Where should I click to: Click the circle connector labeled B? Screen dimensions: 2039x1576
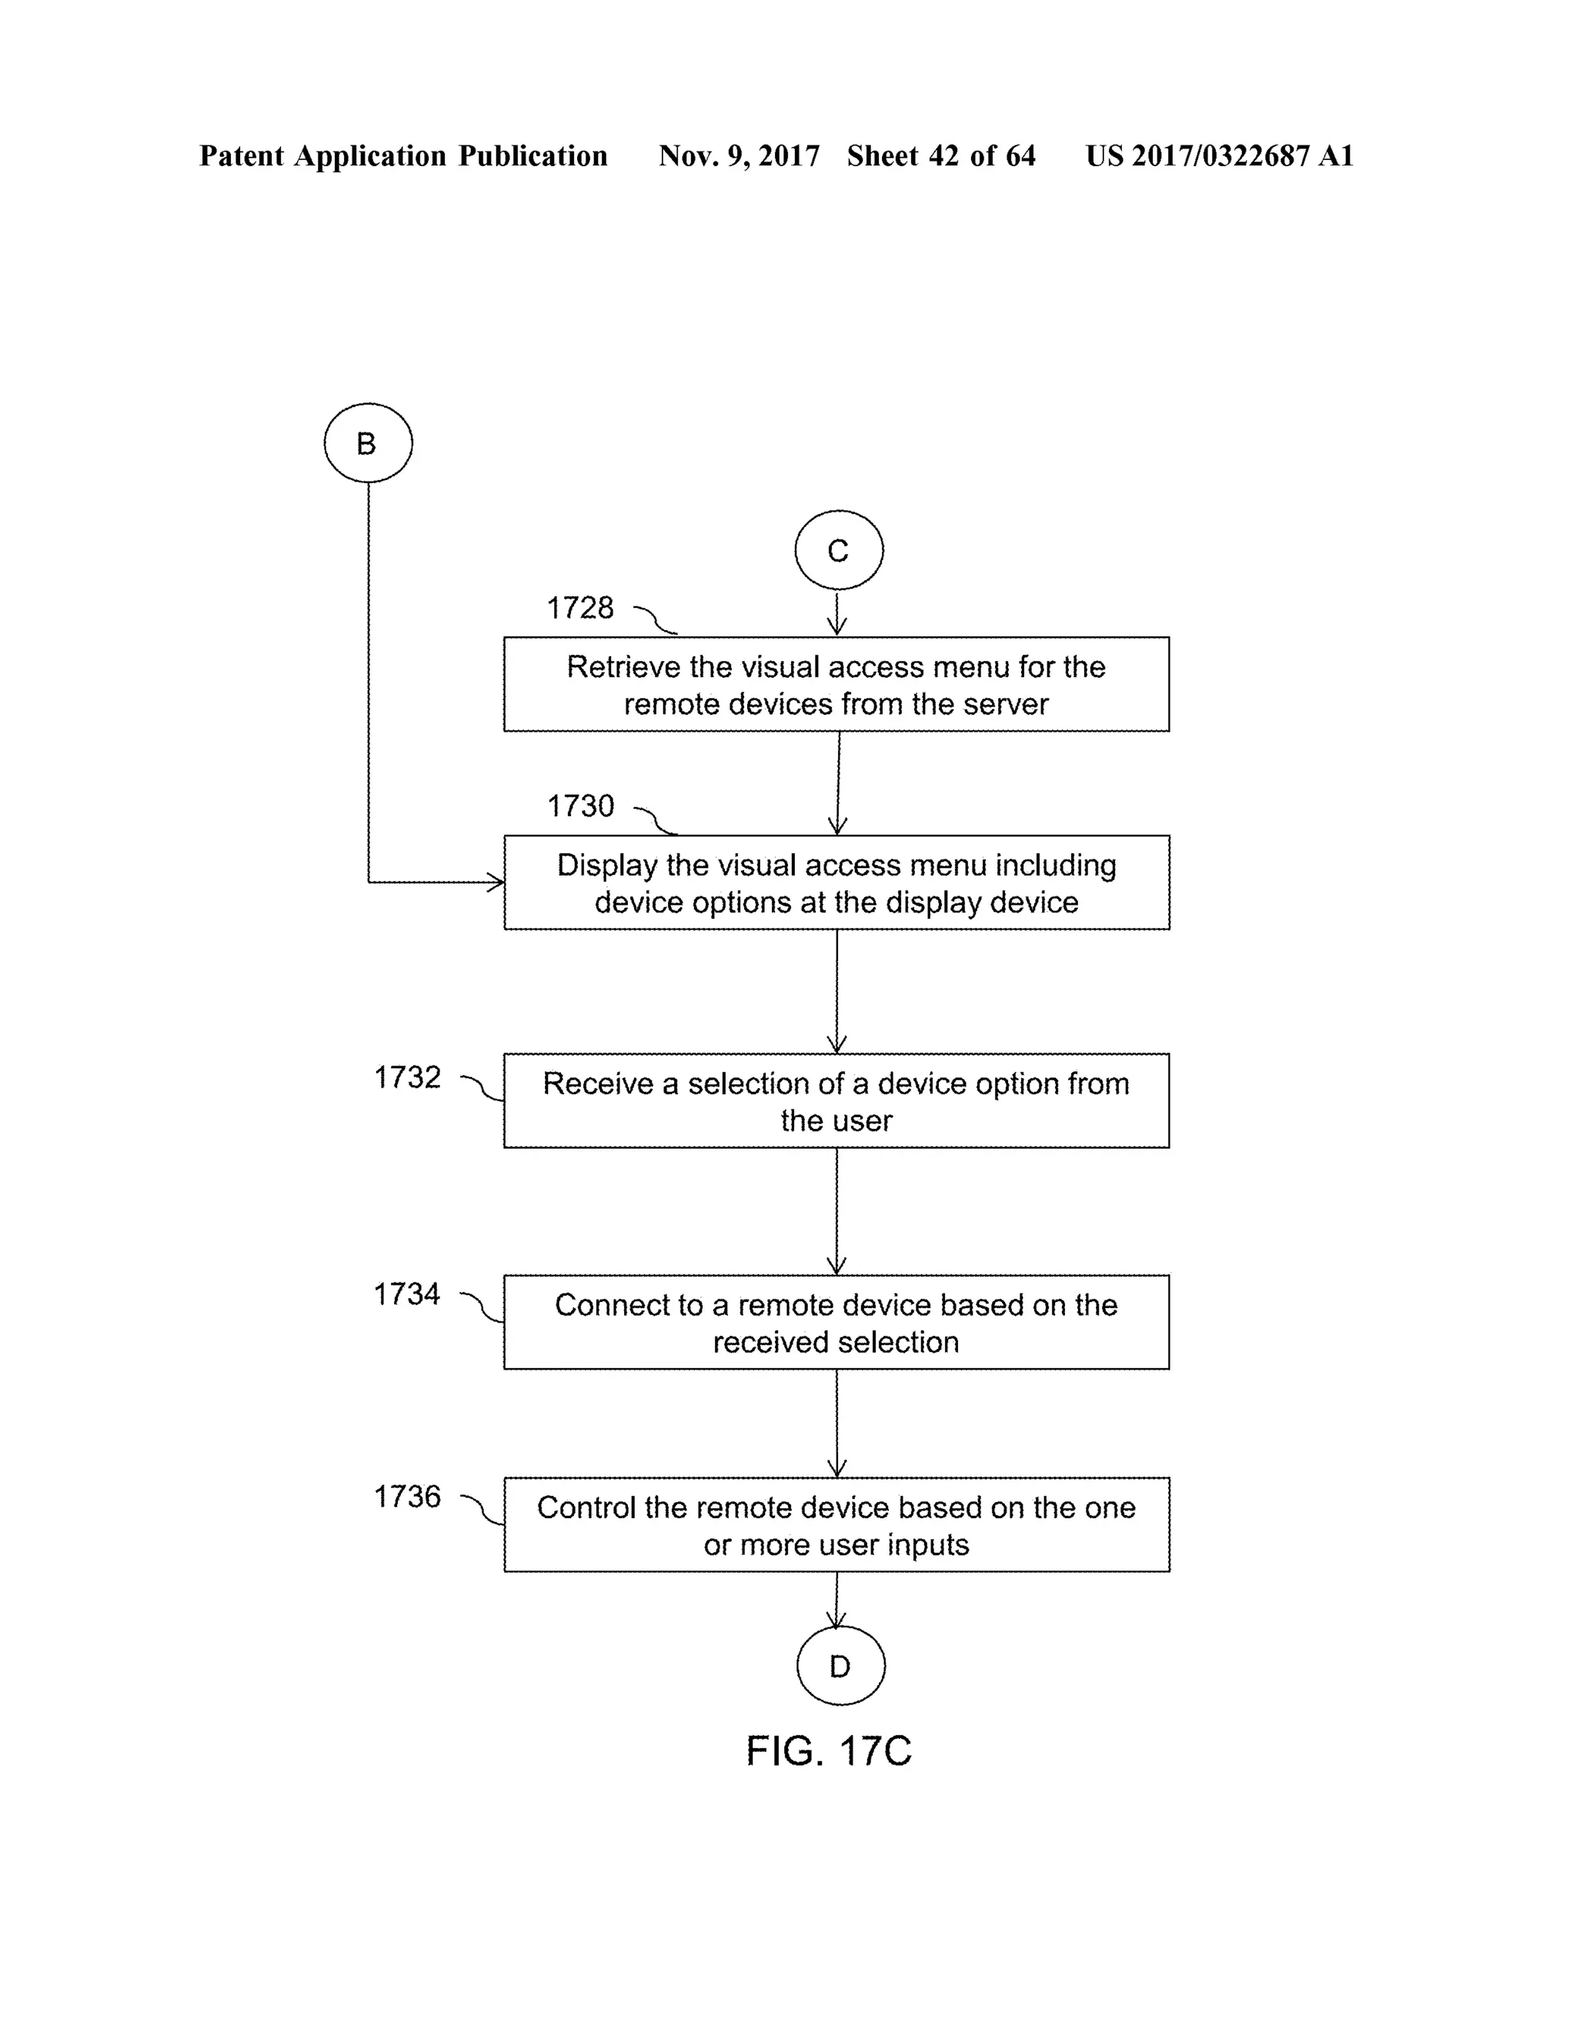point(368,442)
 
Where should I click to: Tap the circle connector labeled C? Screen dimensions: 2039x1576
point(839,550)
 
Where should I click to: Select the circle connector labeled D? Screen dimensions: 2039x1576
point(840,1666)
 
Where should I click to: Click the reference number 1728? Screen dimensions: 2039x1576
point(579,608)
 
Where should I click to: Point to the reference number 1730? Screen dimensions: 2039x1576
point(579,806)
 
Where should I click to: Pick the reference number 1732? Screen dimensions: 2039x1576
point(407,1077)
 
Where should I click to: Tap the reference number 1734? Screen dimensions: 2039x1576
point(407,1294)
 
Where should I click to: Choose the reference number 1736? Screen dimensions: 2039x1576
point(407,1497)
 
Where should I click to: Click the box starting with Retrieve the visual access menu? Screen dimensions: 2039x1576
point(836,684)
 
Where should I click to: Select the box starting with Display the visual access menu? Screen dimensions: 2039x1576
point(836,883)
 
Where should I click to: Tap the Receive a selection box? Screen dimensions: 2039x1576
point(836,1101)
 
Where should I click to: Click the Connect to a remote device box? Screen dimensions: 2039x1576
point(836,1322)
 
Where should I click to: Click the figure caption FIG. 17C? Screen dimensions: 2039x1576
point(828,1750)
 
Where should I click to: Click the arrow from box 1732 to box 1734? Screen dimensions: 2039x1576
point(836,1211)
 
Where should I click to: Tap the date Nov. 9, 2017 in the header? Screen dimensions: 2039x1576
point(739,156)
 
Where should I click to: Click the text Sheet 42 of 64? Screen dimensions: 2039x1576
point(941,156)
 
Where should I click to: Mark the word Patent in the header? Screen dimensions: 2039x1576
point(242,156)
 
